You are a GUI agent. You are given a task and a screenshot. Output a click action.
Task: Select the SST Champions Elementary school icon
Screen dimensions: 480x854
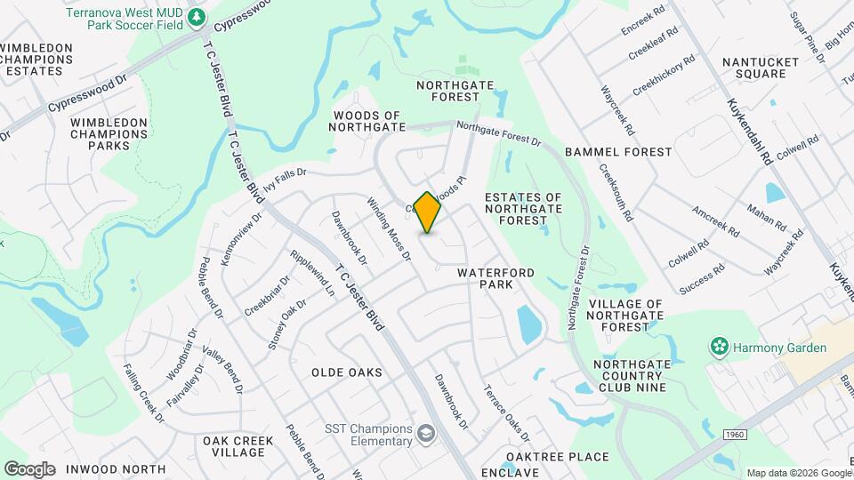(x=428, y=433)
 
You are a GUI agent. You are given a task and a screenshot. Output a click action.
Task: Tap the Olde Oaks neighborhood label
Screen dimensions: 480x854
(x=347, y=372)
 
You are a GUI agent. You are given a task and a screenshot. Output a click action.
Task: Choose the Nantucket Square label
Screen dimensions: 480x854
(x=754, y=68)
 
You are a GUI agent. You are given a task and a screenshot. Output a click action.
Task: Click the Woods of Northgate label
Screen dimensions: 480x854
(x=368, y=122)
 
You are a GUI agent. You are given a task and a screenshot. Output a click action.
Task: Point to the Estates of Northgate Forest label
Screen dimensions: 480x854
(x=523, y=208)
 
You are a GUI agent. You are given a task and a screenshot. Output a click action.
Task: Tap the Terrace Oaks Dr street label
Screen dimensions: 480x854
(x=506, y=412)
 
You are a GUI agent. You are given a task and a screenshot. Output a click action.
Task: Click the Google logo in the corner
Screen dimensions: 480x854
(x=29, y=469)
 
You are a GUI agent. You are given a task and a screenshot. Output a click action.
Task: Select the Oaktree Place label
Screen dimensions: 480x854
(x=558, y=458)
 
